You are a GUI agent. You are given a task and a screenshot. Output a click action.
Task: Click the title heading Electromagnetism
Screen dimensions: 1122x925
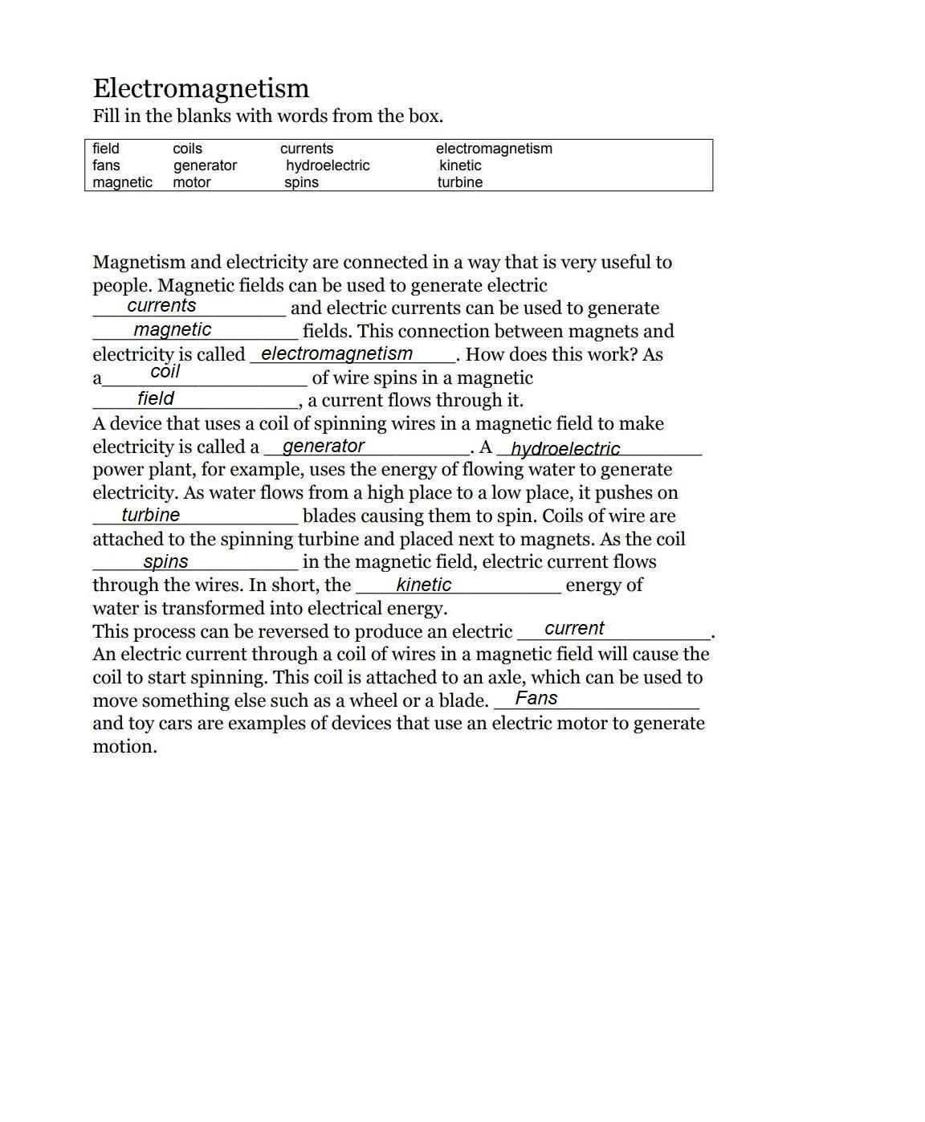coord(201,88)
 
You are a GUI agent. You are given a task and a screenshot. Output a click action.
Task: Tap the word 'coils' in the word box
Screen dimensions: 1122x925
coord(187,149)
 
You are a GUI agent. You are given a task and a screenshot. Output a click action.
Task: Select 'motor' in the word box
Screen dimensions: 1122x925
coord(191,182)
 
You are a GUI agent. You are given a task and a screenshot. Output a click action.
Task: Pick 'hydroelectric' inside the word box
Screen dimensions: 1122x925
coord(328,165)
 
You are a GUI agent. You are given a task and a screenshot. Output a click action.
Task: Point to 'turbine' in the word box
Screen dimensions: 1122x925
coord(460,182)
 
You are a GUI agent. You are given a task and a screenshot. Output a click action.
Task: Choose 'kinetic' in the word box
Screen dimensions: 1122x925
coord(460,165)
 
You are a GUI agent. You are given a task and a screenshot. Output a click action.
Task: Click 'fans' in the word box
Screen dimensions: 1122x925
coord(106,165)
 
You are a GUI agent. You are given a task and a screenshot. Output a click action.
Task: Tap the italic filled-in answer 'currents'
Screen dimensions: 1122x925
coord(161,306)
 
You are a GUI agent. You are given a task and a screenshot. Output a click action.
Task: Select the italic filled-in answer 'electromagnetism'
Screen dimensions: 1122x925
coord(336,354)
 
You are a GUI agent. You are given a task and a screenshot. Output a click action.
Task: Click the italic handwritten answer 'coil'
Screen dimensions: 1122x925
coord(165,372)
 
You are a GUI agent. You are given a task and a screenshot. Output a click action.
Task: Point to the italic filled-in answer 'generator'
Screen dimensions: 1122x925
coord(324,447)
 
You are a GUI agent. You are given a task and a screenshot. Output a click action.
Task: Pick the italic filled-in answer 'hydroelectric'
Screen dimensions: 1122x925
coord(565,449)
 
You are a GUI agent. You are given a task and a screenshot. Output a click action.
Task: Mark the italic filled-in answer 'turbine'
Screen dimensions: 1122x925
coord(151,516)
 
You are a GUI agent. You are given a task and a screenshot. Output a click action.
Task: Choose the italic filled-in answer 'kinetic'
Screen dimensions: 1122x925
coord(423,585)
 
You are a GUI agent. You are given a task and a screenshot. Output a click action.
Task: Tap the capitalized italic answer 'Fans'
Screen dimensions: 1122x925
coord(536,699)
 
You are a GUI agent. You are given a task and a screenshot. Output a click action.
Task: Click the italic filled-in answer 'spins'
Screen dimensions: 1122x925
coord(165,562)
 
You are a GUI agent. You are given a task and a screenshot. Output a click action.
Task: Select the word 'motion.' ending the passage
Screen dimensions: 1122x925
coord(124,747)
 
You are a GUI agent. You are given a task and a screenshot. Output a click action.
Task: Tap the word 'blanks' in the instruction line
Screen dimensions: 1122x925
coord(203,116)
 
